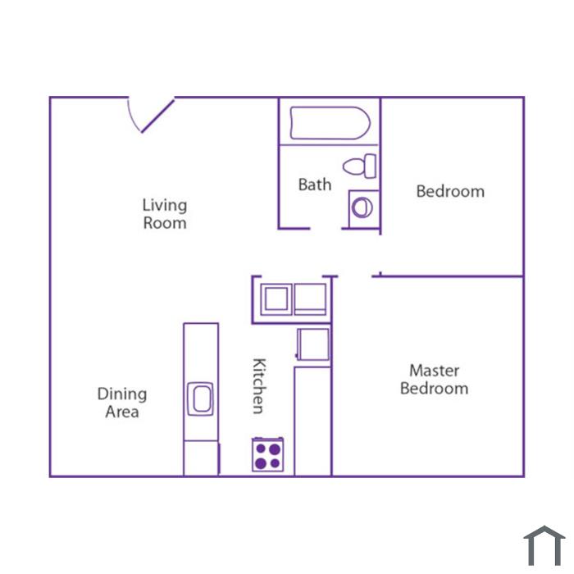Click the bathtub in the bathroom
click(330, 123)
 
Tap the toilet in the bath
click(359, 166)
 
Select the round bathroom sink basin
click(362, 207)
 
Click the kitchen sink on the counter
click(201, 399)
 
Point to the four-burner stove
click(267, 454)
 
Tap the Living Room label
click(165, 214)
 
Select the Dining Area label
click(122, 403)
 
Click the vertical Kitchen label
click(259, 386)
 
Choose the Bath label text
click(315, 184)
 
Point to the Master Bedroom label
click(434, 379)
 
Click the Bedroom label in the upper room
click(450, 191)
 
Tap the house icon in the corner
click(544, 545)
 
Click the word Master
click(434, 371)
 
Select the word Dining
click(122, 394)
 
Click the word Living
click(165, 205)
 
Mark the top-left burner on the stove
click(261, 449)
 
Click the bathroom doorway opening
click(326, 229)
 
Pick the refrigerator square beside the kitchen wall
click(313, 344)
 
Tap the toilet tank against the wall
click(371, 166)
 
